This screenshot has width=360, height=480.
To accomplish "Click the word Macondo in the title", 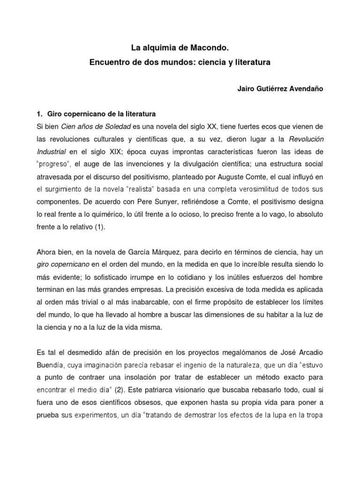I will [211, 48].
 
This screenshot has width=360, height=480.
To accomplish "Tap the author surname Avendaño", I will [305, 89].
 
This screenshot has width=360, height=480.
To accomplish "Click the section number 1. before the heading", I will [40, 114].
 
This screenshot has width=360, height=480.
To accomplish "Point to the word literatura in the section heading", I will [139, 114].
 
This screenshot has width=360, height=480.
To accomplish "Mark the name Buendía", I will [49, 364].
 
